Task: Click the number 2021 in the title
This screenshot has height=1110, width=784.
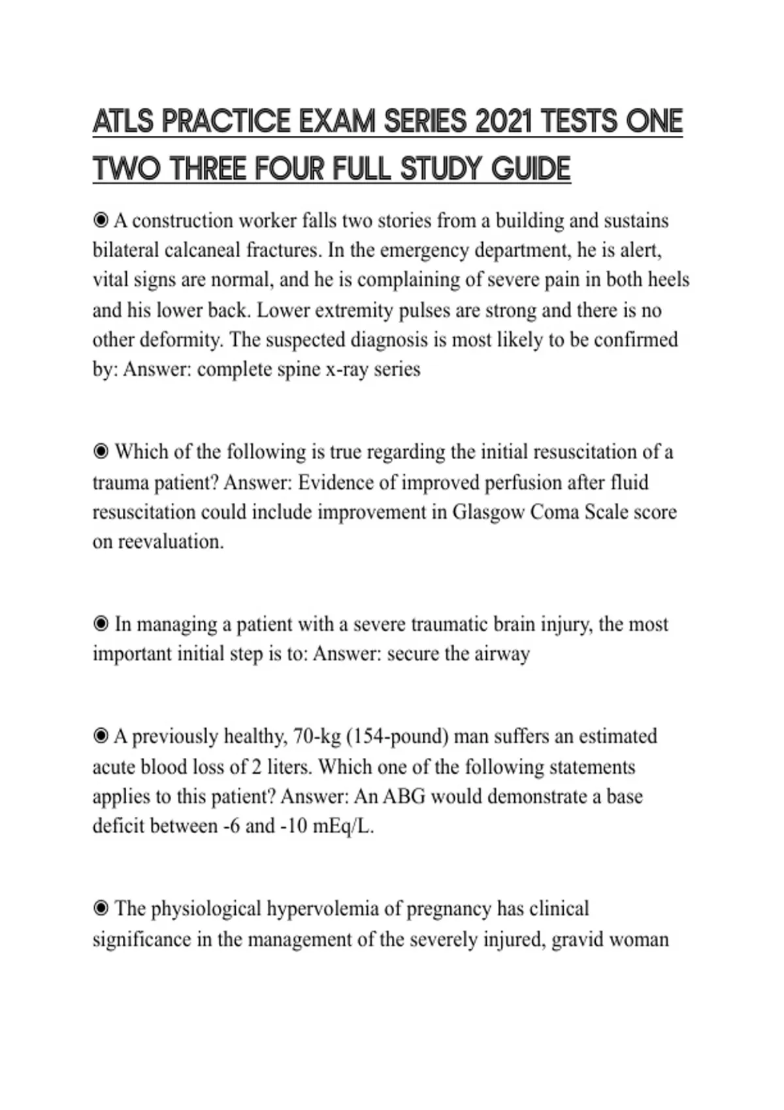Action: click(x=504, y=121)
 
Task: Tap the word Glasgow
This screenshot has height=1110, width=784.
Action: click(x=488, y=512)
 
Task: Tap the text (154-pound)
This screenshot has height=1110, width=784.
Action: click(x=397, y=737)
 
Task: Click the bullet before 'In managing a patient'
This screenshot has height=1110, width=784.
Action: click(x=101, y=624)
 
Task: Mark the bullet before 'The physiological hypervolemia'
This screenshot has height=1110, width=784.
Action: click(x=101, y=908)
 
